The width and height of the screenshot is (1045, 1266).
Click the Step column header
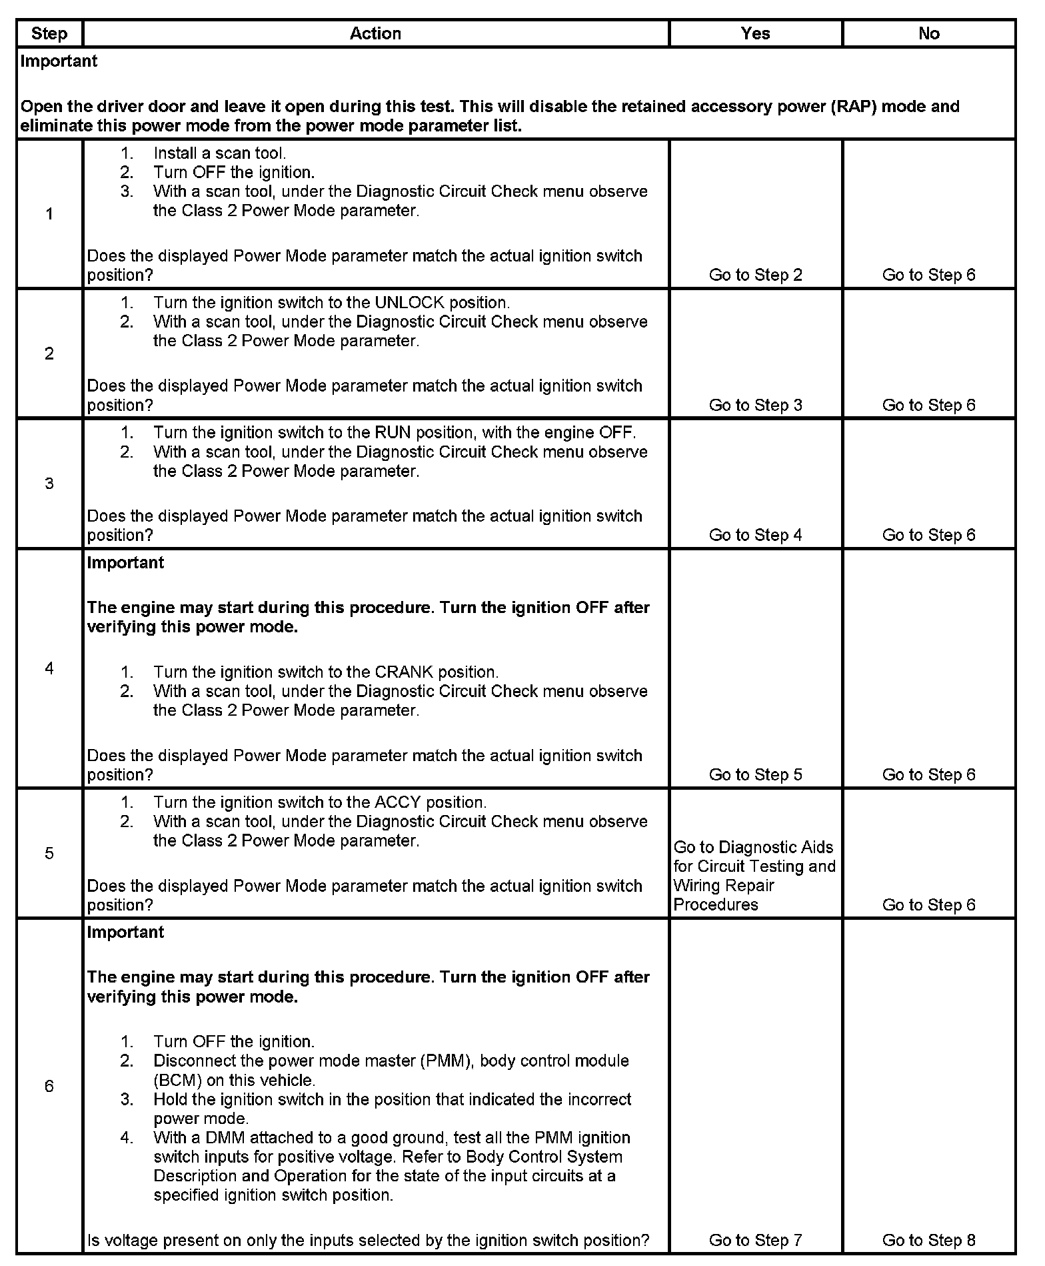(49, 34)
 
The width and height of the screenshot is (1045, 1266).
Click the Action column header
(375, 34)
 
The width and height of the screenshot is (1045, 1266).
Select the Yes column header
(755, 34)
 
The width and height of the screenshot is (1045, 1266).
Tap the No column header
(928, 34)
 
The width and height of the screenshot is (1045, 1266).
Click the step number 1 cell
(49, 214)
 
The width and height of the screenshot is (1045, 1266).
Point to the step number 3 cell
(49, 484)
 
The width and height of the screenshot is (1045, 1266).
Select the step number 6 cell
(49, 1087)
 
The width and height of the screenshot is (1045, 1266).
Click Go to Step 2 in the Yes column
(755, 275)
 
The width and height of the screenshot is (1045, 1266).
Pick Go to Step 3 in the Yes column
(755, 405)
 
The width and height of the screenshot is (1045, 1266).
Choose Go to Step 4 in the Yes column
(755, 535)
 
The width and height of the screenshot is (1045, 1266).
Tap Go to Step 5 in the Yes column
(755, 774)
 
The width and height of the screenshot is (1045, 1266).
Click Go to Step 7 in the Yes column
(755, 1240)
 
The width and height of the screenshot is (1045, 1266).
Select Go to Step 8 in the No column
(928, 1240)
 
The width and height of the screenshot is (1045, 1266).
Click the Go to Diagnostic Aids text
(753, 847)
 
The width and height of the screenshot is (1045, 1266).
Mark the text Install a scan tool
(219, 153)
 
